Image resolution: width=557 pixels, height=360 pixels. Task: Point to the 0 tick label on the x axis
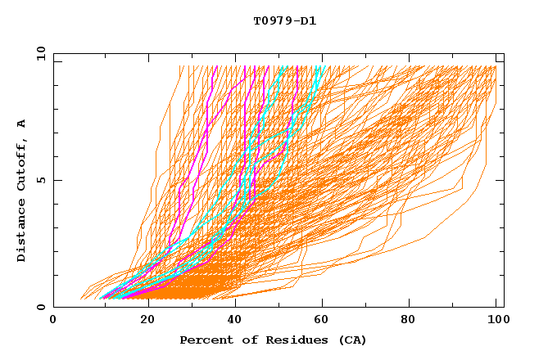[x=53, y=321]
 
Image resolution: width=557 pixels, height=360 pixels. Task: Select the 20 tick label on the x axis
[x=142, y=321]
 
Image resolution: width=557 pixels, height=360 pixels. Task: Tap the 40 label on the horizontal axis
[x=230, y=321]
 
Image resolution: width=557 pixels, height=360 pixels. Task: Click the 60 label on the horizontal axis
[x=319, y=321]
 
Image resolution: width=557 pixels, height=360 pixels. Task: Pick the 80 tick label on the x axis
[x=407, y=321]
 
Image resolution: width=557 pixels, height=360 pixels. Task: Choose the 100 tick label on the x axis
[x=496, y=321]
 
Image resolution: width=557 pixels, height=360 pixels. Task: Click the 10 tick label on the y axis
[x=41, y=53]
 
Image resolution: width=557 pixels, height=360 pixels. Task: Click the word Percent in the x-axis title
[x=205, y=340]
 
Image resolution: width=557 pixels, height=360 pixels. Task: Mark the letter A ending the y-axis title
[x=22, y=124]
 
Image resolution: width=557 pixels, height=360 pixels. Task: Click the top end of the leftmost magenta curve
[x=215, y=66]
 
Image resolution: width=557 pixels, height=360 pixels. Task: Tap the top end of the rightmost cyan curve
[x=324, y=66]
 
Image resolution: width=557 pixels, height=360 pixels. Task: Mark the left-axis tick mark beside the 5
[x=56, y=180]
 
